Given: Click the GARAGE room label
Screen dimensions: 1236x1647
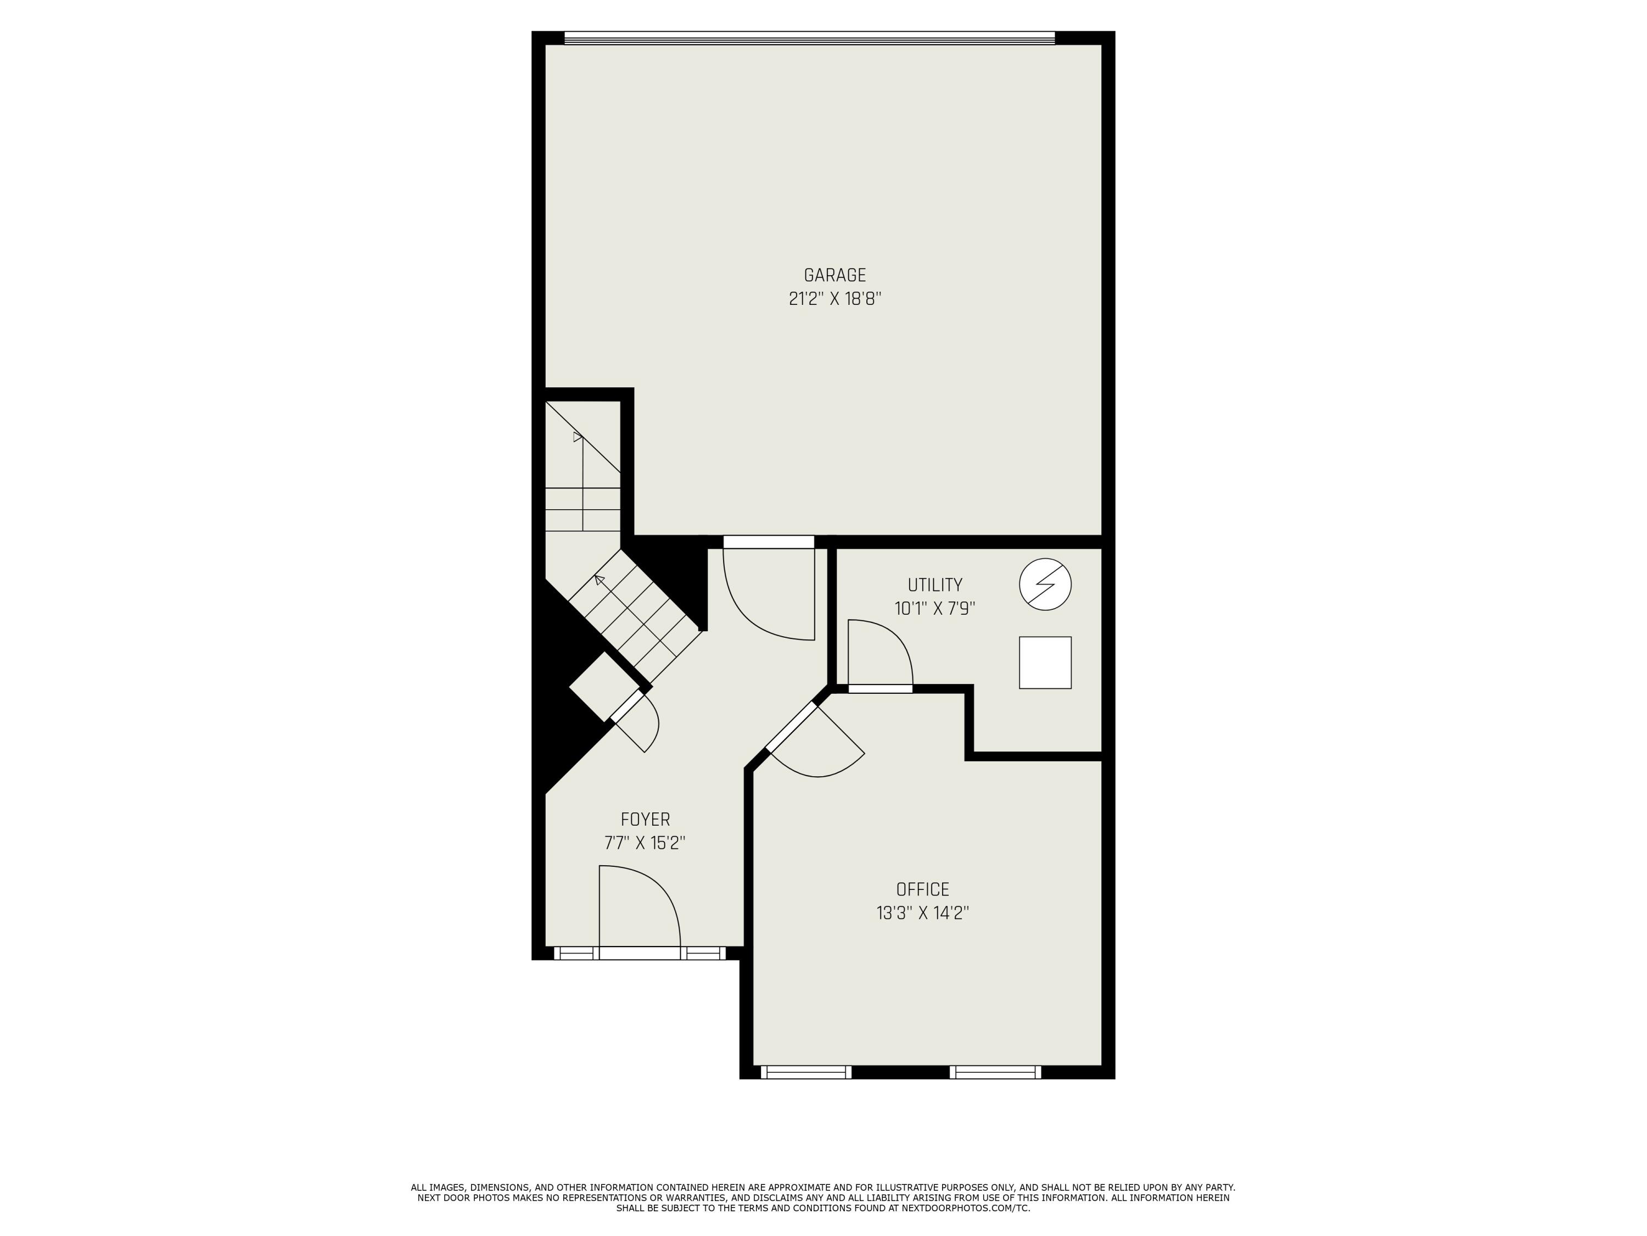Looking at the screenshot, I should [834, 276].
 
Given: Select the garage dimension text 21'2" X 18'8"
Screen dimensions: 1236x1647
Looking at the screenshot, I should [834, 299].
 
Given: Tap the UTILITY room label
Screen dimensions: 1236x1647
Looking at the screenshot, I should [934, 585].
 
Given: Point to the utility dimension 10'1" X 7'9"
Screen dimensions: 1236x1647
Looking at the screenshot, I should [934, 609].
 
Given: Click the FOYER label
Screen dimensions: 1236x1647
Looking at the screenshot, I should [645, 820].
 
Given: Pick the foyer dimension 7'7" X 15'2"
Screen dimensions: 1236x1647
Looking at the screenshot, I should [645, 843].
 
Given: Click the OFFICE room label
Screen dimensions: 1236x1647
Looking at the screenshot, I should [922, 889].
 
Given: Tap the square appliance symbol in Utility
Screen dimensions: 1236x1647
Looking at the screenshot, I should [1045, 662].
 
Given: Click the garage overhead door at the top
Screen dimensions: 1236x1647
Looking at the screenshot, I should [809, 38].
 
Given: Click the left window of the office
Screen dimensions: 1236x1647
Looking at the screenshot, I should [805, 1072].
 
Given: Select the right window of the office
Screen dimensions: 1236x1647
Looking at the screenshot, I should [995, 1072].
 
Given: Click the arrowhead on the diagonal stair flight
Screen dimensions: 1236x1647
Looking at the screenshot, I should [598, 579].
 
